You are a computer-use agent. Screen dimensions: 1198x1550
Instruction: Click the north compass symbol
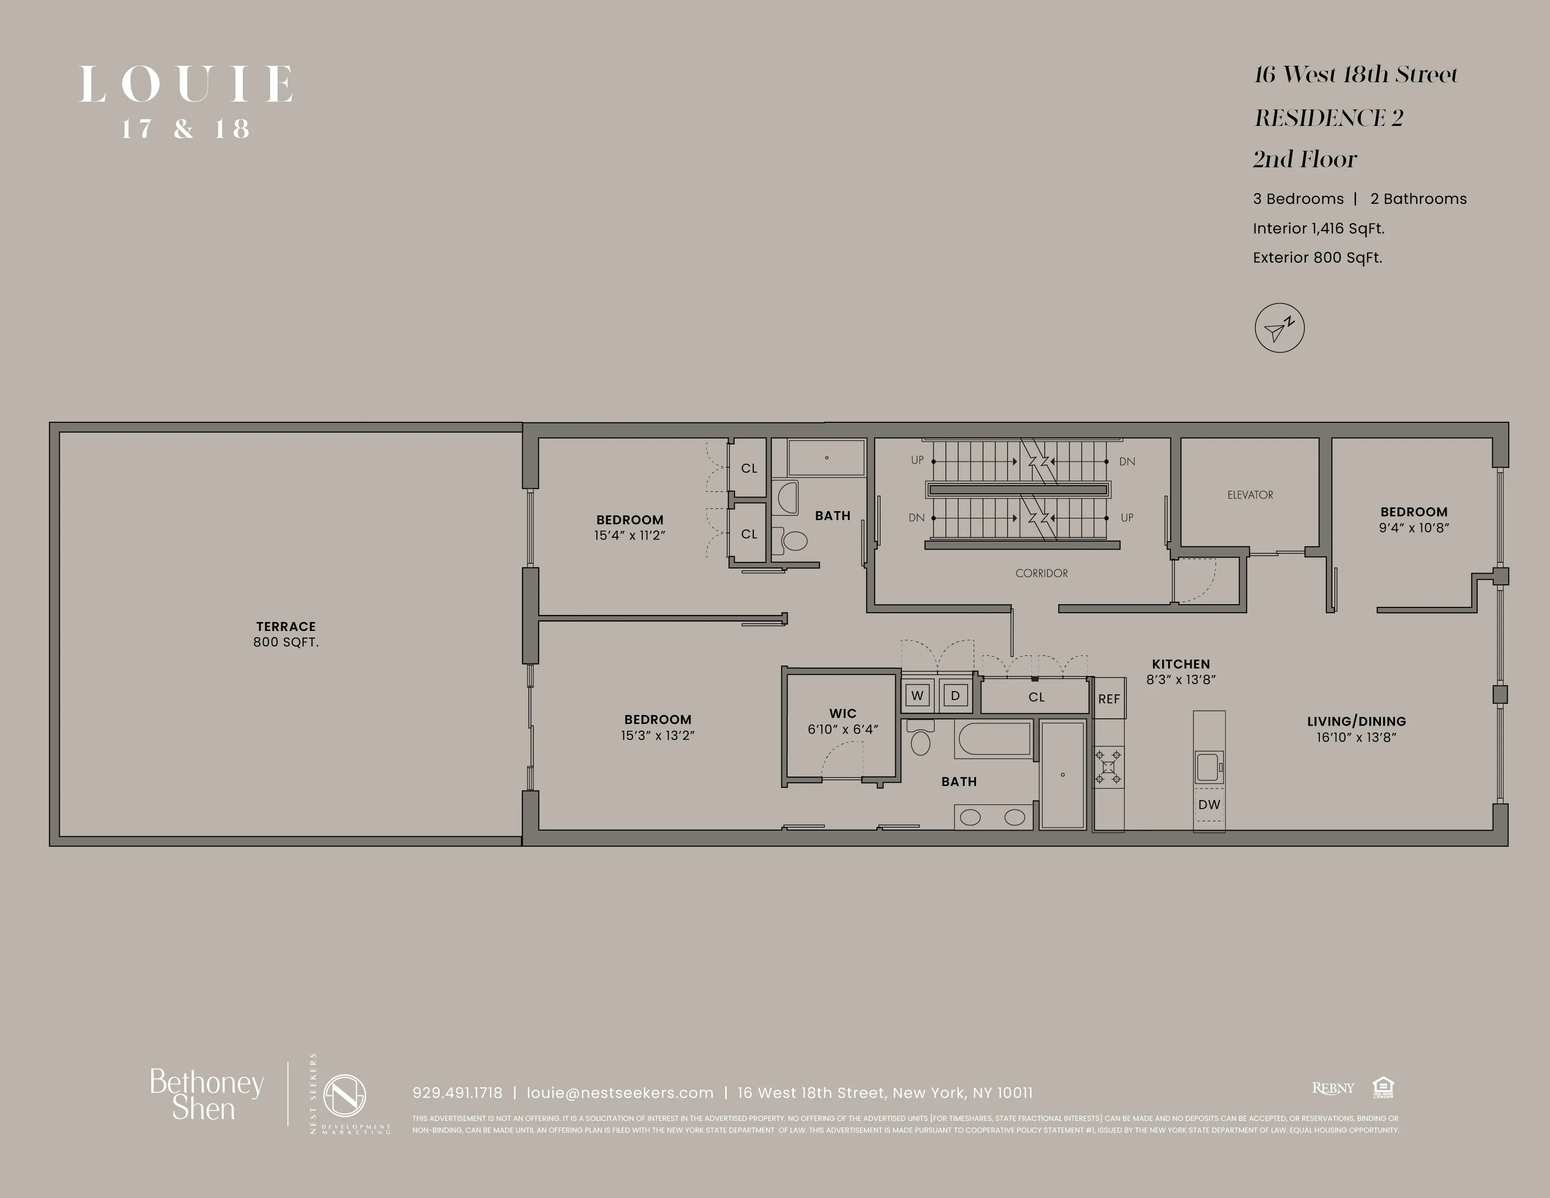[x=1279, y=328]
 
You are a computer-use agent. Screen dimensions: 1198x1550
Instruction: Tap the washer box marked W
[x=918, y=695]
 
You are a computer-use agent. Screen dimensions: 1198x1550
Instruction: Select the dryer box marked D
[x=955, y=695]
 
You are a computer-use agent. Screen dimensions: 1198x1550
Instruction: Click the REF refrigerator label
[x=1108, y=699]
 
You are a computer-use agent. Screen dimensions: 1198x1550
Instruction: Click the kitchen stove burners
[x=1108, y=767]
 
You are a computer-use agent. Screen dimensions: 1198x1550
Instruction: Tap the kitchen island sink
[x=1208, y=767]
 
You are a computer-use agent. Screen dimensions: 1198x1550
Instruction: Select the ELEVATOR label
[x=1250, y=495]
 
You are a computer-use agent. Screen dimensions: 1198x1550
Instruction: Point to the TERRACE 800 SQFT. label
[x=286, y=634]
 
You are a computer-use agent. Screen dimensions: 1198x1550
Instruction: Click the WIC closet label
[x=843, y=713]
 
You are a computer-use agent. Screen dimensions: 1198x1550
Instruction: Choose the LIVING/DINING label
[x=1356, y=721]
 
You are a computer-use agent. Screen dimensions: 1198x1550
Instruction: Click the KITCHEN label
[x=1180, y=664]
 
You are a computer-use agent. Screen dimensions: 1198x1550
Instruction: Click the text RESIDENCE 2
[x=1329, y=118]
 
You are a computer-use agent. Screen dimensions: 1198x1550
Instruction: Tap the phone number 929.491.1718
[x=457, y=1093]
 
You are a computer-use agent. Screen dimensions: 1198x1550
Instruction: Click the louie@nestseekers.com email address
[x=620, y=1093]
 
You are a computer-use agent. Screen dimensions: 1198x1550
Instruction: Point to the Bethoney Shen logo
[x=206, y=1095]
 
